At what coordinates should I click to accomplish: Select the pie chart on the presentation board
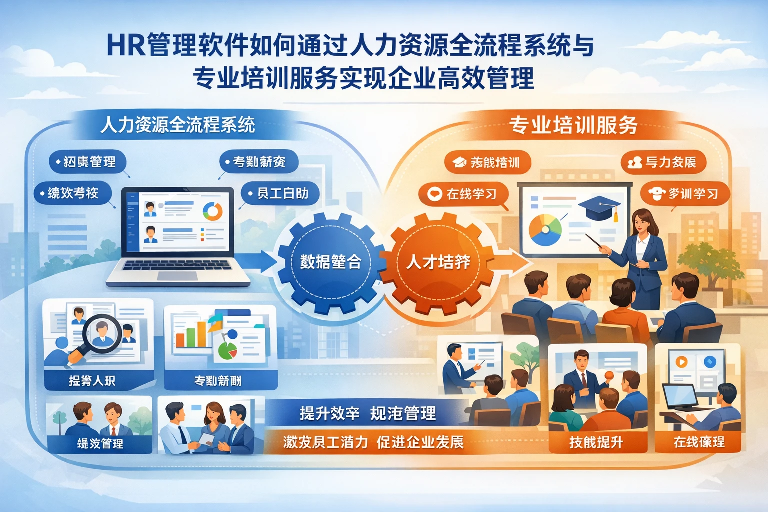[545, 230]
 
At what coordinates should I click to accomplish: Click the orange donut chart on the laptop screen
[213, 211]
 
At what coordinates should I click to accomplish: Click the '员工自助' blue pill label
[280, 193]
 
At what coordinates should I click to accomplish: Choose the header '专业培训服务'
[573, 125]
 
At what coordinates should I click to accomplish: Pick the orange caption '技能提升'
[596, 442]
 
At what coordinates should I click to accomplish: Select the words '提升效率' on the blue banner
[329, 413]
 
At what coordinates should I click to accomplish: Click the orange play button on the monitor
[681, 361]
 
